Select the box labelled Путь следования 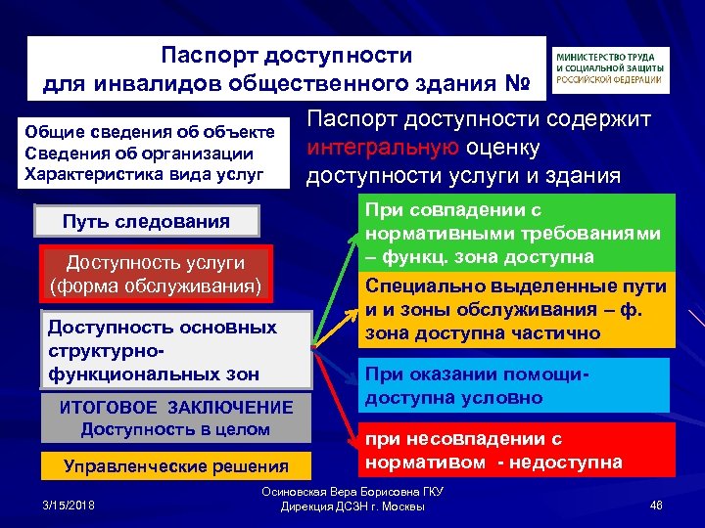pos(146,221)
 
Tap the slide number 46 pos(656,504)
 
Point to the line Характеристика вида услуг pos(144,174)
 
